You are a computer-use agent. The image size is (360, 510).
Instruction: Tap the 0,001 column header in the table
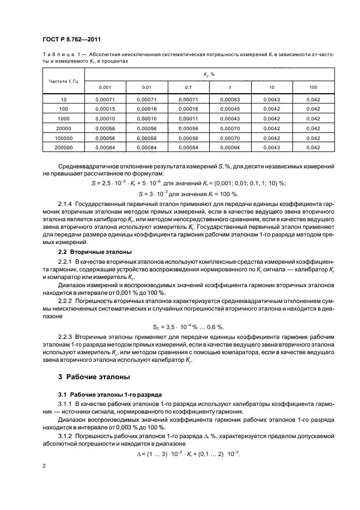click(105, 87)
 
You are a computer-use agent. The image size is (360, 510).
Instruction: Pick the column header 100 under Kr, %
click(313, 87)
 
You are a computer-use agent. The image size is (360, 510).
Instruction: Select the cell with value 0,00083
click(229, 99)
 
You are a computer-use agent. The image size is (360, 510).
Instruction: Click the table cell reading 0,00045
click(229, 108)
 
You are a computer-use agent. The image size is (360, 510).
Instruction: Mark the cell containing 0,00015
click(105, 108)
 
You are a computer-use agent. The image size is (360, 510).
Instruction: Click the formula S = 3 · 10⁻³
click(164, 192)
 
